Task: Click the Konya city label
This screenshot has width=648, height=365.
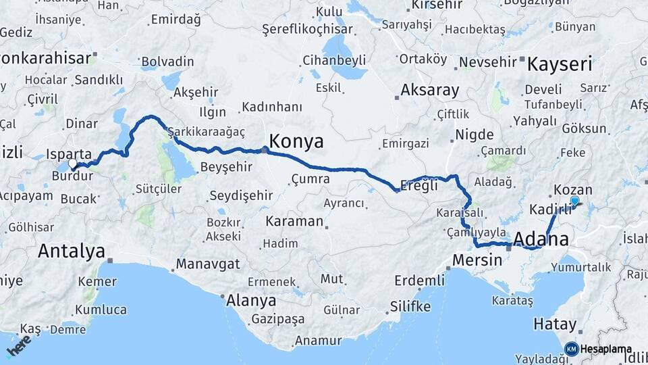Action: [296, 141]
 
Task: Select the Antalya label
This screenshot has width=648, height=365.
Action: [72, 251]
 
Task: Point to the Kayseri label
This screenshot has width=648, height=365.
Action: [560, 65]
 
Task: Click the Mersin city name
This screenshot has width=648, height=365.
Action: [477, 260]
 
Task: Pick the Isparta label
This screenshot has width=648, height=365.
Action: [69, 153]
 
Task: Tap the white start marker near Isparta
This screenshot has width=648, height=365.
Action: [72, 163]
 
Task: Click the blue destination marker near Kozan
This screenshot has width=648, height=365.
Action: [574, 201]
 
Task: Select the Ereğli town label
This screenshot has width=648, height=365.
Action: [419, 185]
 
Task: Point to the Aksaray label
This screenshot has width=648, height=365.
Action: [429, 90]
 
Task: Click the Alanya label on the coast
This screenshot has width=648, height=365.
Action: [251, 300]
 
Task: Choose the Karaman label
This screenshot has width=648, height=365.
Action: [294, 221]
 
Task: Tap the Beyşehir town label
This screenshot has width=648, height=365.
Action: [227, 166]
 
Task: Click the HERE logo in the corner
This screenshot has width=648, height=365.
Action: [18, 345]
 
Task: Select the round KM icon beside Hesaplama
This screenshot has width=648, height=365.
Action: [571, 349]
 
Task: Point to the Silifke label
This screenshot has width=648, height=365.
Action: [410, 306]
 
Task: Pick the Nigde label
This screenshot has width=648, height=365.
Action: [475, 135]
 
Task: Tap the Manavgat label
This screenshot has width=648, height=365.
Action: [208, 264]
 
